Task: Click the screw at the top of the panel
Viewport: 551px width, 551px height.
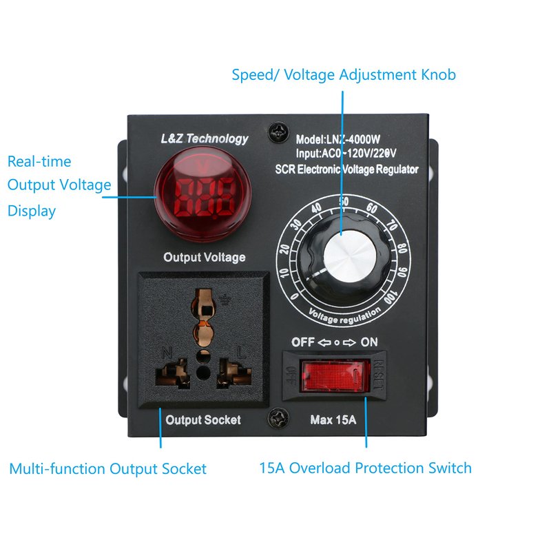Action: tap(277, 129)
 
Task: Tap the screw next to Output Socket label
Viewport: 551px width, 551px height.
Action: tap(276, 417)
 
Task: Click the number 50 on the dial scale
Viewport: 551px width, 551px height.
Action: tap(344, 201)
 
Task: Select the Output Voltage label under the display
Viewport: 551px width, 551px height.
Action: tap(204, 258)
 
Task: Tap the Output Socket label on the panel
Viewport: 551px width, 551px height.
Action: tap(203, 419)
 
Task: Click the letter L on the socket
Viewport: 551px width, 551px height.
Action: tap(240, 352)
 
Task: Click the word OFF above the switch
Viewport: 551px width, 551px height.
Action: tap(303, 342)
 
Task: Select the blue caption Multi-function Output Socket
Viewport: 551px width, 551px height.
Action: tap(107, 469)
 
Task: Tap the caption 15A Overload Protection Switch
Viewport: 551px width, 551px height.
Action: tap(365, 468)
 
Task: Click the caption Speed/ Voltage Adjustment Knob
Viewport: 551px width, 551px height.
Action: tap(344, 74)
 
